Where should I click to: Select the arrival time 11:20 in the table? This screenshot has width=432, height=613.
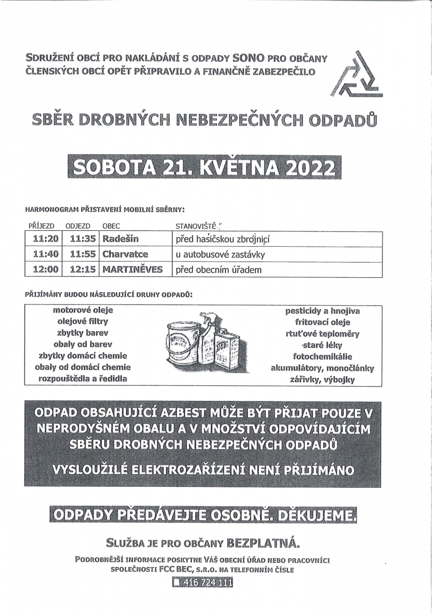(45, 239)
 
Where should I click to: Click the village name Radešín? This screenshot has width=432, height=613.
(121, 239)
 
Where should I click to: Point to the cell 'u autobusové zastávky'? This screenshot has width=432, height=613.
(220, 254)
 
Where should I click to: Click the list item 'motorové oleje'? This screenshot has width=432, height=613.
(83, 310)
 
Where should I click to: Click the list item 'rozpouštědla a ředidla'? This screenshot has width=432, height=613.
(83, 379)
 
